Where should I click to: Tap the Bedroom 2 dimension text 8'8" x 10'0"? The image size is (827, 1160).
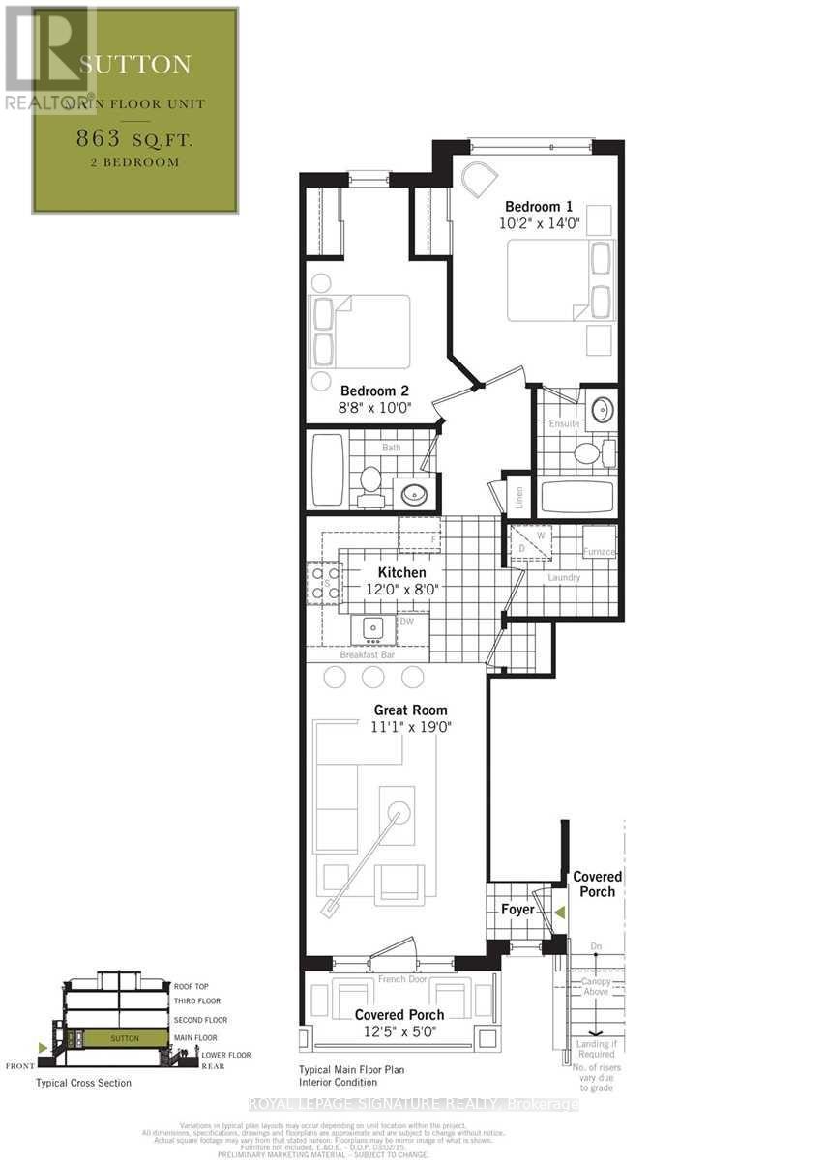[375, 408]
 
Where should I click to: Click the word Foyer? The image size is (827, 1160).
[518, 910]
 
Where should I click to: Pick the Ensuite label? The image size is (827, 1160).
[564, 424]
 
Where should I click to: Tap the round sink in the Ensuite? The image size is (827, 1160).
[600, 409]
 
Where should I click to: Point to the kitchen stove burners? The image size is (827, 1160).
[323, 584]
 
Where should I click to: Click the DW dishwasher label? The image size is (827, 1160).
[407, 622]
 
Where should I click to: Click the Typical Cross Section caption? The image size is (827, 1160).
[83, 1083]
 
